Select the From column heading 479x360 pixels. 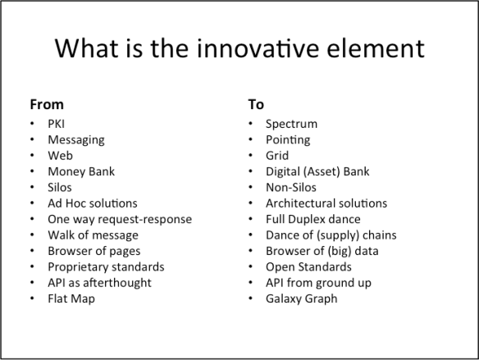47,105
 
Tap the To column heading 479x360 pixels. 255,105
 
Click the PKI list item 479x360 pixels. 57,124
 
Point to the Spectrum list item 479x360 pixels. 291,124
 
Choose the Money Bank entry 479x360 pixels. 81,171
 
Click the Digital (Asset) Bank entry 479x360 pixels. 317,171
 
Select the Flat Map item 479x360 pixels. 71,298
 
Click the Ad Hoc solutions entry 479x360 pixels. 93,203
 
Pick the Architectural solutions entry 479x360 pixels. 326,203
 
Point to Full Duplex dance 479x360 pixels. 312,219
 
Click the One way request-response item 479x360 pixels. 120,219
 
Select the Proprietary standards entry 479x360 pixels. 106,267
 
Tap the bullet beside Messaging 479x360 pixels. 31,140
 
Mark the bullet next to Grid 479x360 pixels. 250,156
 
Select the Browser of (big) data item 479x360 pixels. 322,251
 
